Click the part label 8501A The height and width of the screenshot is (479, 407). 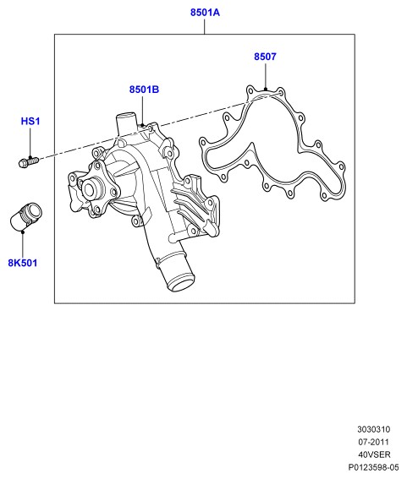click(x=205, y=13)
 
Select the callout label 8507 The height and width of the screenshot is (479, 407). click(x=265, y=57)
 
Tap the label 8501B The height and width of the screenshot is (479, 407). click(x=144, y=90)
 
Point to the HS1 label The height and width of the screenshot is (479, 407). click(x=30, y=122)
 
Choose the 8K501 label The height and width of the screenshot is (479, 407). click(x=23, y=263)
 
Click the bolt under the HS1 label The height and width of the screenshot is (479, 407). click(x=29, y=162)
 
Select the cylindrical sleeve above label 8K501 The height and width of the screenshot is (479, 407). click(x=25, y=216)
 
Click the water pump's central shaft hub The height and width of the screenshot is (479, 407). click(x=91, y=188)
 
